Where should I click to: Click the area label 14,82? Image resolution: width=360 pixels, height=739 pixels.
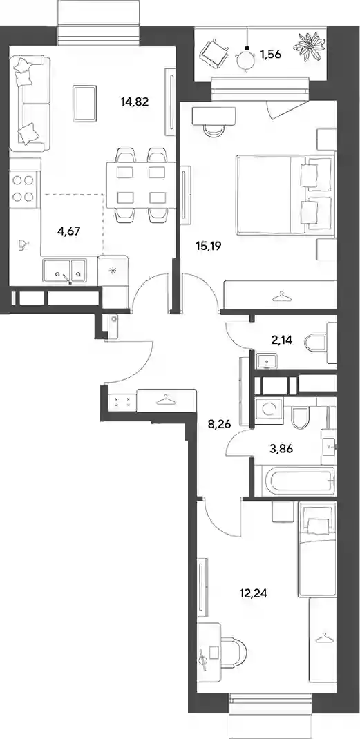click(135, 102)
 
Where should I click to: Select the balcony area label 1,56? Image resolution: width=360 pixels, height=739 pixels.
click(271, 54)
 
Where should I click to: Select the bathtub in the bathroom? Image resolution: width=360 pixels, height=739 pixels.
click(300, 480)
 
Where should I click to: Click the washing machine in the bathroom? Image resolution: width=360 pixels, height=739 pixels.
click(269, 412)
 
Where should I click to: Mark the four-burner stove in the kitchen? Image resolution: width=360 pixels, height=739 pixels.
click(23, 188)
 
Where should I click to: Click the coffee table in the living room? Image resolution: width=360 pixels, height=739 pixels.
click(85, 103)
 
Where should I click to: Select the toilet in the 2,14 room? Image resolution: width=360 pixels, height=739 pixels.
click(316, 343)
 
